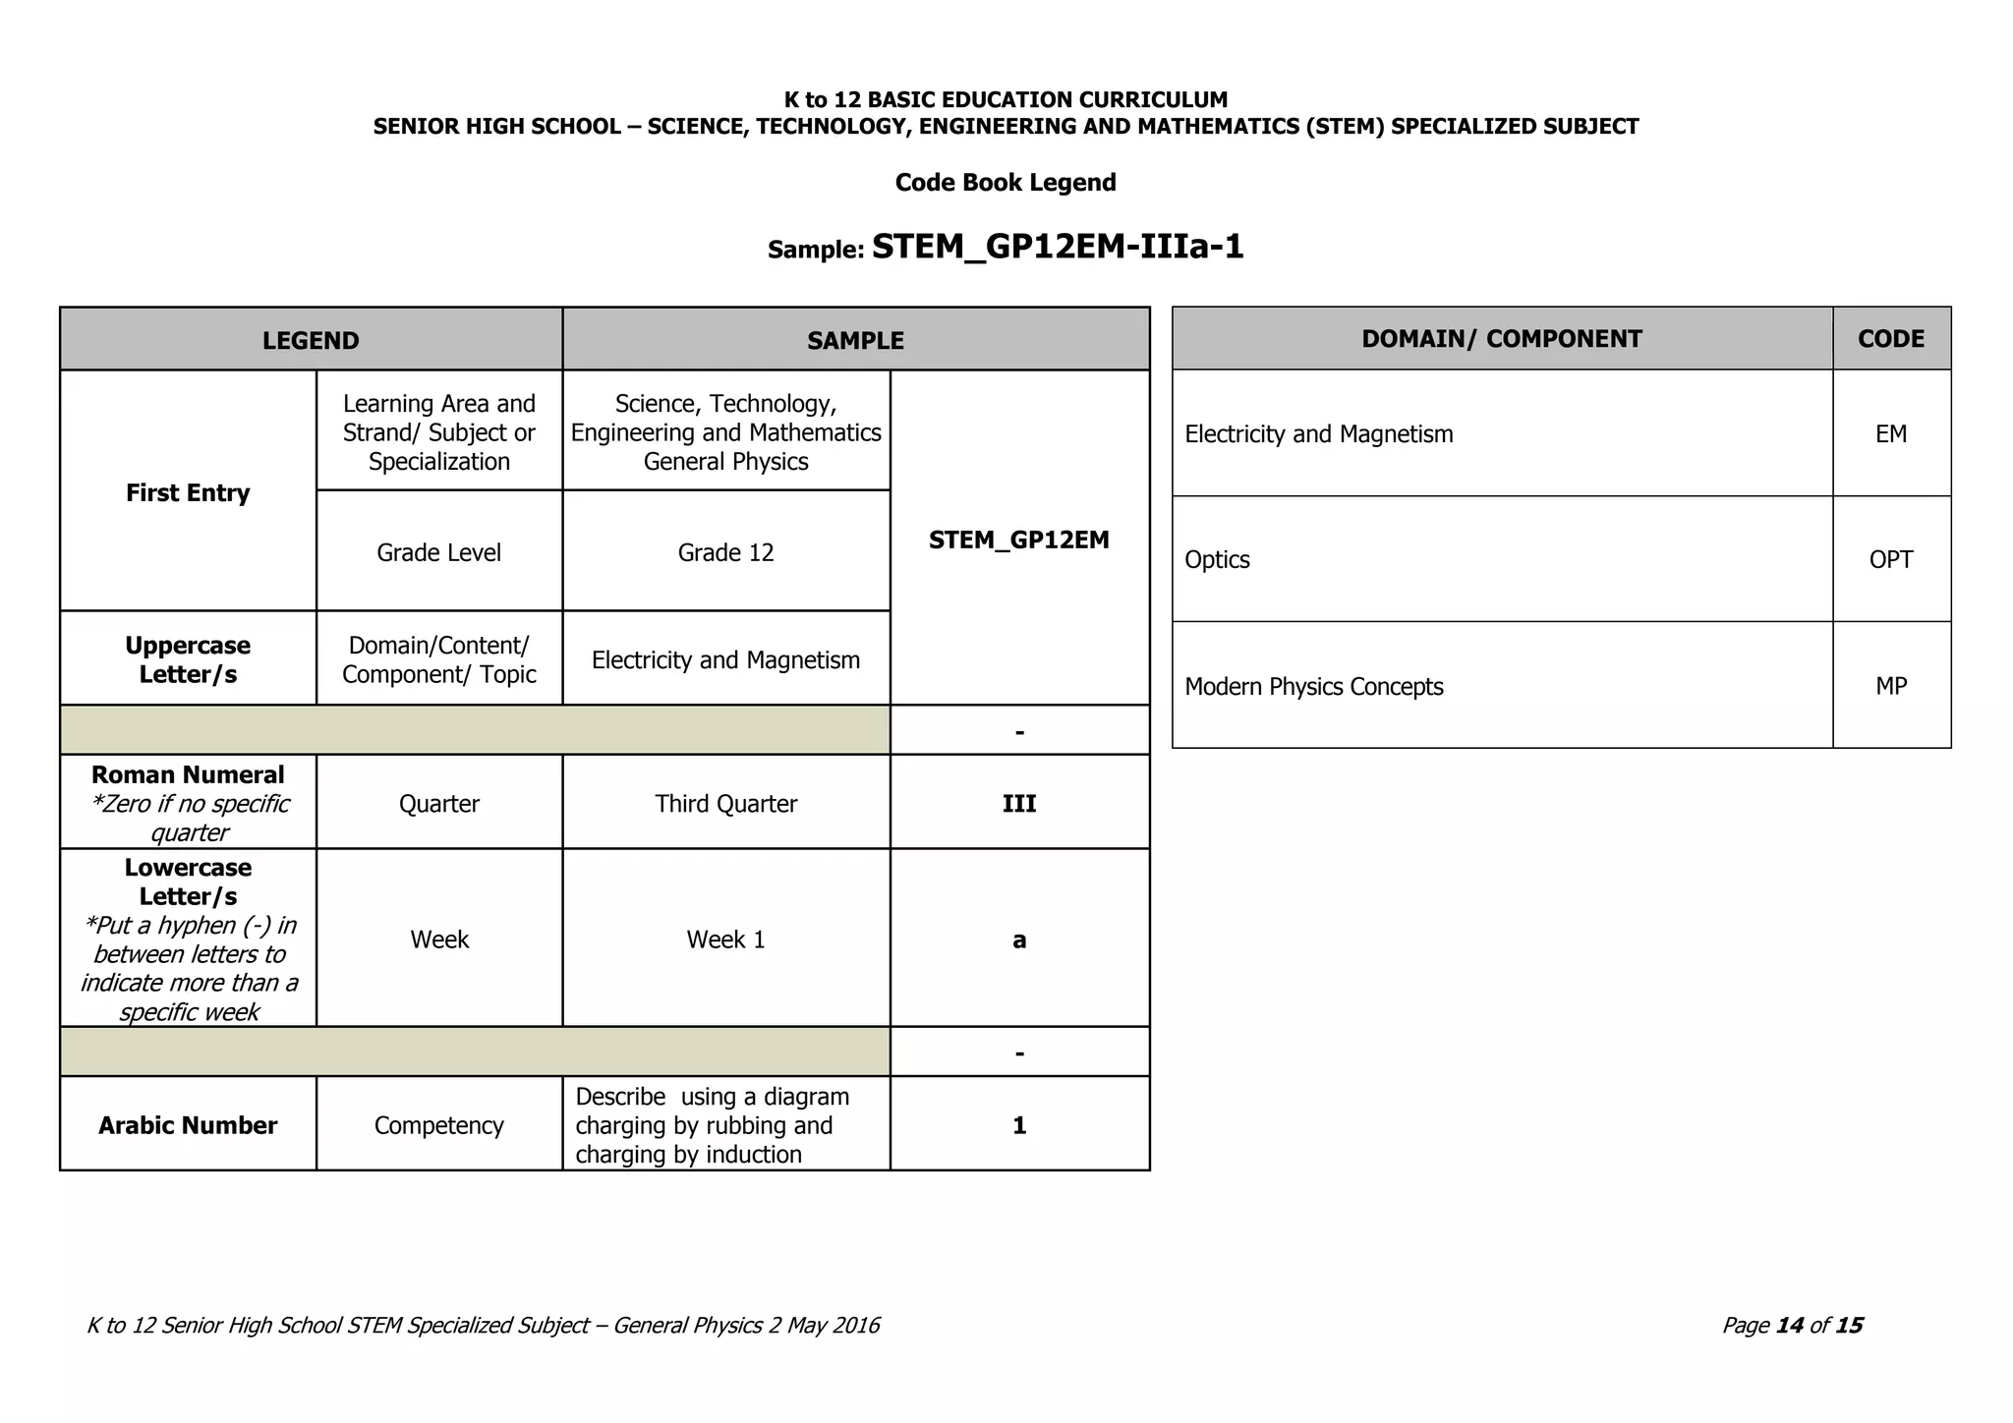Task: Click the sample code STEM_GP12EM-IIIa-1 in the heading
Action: click(x=1058, y=247)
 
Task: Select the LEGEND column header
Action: click(x=311, y=340)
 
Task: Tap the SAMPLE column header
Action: click(x=855, y=340)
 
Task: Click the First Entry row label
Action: click(x=188, y=492)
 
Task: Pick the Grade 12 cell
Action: click(x=725, y=552)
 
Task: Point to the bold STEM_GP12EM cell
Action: click(x=1019, y=540)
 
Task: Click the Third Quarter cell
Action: click(x=725, y=803)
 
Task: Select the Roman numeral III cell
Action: click(x=1019, y=803)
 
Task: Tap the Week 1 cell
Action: click(x=725, y=939)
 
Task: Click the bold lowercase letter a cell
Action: click(x=1019, y=939)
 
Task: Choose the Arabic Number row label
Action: click(x=188, y=1125)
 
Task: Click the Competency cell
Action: click(x=438, y=1125)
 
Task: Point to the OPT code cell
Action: click(x=1891, y=559)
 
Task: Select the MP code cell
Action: click(x=1891, y=686)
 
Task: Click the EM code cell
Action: click(x=1891, y=433)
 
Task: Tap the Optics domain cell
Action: click(x=1218, y=559)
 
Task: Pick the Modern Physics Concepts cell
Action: click(x=1313, y=686)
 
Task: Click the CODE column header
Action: click(x=1891, y=339)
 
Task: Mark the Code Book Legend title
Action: click(x=1006, y=183)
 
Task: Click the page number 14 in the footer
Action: click(x=1790, y=1326)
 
